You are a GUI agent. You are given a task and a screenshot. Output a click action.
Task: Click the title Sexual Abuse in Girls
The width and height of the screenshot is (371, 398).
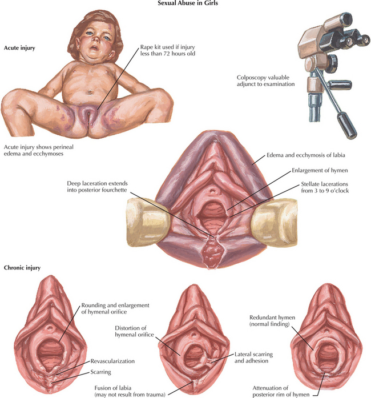pos(185,5)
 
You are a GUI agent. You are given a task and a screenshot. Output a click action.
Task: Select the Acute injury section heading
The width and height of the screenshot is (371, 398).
pos(19,48)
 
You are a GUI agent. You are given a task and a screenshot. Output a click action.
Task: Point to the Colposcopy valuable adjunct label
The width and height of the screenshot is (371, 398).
pos(266,81)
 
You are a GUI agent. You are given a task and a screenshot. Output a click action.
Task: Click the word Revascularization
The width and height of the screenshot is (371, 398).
pos(113,361)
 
